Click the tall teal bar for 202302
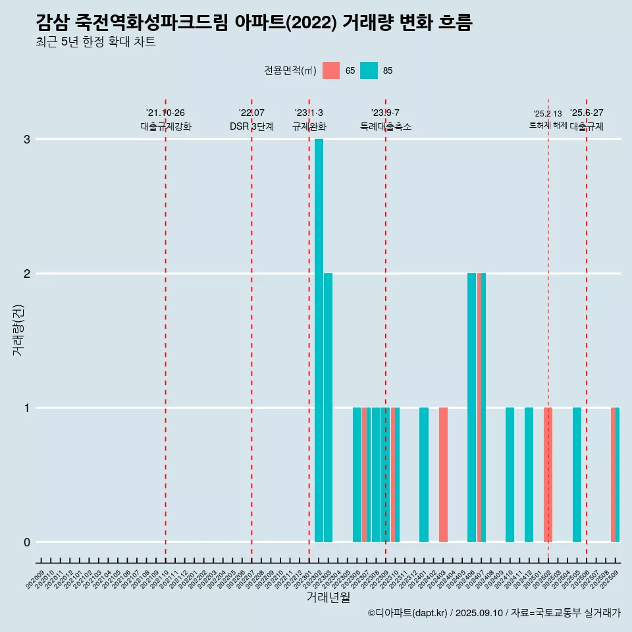point(319,340)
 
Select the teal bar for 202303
point(328,407)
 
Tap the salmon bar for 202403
point(443,474)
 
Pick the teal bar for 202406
point(471,407)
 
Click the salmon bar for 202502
point(548,474)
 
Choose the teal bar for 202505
point(577,474)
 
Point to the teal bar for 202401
point(424,474)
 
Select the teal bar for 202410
point(510,474)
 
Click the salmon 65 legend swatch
point(331,70)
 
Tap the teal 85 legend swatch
point(369,70)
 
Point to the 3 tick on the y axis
point(27,140)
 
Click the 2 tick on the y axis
point(27,274)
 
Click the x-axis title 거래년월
point(328,597)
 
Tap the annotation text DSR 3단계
point(251,127)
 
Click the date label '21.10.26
point(165,113)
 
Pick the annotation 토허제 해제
point(548,124)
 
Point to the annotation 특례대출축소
point(386,127)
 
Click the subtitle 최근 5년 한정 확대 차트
point(96,42)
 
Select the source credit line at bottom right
point(494,613)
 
